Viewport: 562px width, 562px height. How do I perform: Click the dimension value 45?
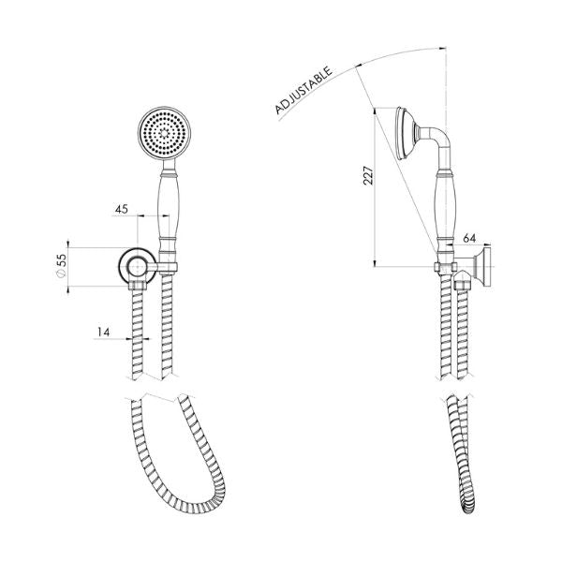coord(121,209)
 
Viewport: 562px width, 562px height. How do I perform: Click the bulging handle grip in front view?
coord(168,211)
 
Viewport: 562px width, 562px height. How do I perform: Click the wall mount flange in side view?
coord(488,268)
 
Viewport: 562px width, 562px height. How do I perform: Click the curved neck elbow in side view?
coord(434,146)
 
